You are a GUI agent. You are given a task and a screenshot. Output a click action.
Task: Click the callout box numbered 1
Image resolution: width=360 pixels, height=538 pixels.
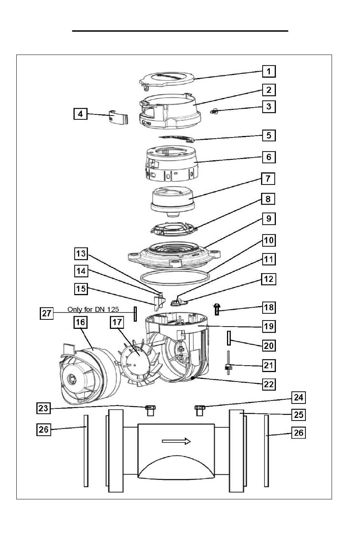point(269,71)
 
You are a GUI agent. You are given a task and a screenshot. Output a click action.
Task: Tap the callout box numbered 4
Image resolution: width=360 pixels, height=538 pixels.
point(80,114)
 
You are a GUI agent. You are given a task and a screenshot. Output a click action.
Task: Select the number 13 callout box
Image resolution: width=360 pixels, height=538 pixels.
point(81,253)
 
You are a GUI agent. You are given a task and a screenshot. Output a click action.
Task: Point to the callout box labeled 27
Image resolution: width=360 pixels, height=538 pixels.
point(46,313)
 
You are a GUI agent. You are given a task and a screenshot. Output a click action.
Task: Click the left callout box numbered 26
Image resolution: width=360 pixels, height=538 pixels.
point(44,429)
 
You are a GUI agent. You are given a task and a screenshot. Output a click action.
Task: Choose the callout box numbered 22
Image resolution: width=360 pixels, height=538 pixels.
point(269,384)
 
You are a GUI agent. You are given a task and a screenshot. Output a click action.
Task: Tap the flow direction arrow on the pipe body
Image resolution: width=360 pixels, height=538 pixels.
point(176,441)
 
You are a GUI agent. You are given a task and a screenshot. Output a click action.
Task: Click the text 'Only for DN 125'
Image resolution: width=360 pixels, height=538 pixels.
point(93,309)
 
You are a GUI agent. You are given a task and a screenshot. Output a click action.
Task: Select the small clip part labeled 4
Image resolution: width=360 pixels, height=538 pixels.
point(118,117)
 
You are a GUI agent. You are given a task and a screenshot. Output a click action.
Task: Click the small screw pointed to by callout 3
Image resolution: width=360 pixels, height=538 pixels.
point(213,111)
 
